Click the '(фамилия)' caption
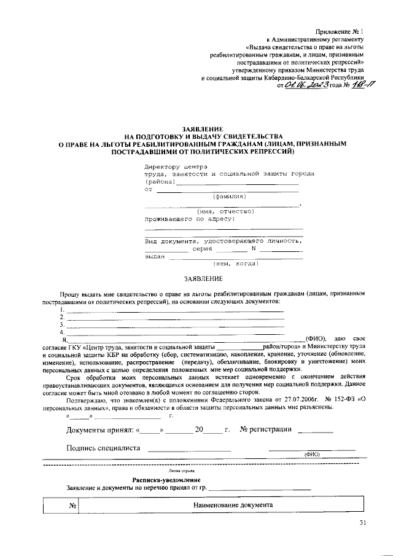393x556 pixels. pyautogui.click(x=229, y=197)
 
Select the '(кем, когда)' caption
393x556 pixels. pyautogui.click(x=236, y=264)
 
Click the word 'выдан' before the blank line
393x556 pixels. pyautogui.click(x=154, y=257)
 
